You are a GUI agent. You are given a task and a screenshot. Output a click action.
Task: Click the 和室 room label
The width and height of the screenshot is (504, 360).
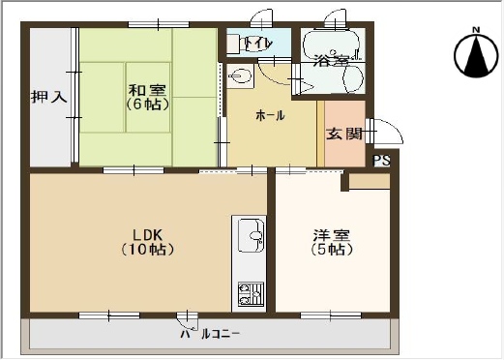(x=147, y=90)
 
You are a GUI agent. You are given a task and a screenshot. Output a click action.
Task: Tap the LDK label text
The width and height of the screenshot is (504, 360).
(x=147, y=235)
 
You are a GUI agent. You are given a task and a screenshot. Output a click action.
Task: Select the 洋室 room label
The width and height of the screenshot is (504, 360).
(x=332, y=235)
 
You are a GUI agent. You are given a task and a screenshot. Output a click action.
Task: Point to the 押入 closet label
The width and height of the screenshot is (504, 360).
(x=49, y=97)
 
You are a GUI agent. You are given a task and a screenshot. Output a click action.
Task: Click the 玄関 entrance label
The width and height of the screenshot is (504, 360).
(x=344, y=134)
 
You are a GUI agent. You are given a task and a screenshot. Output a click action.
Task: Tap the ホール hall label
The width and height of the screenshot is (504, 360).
(x=270, y=115)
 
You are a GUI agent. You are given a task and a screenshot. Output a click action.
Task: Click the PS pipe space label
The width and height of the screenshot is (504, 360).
(x=381, y=161)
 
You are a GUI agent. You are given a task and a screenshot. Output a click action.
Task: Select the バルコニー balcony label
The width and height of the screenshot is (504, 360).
(x=210, y=334)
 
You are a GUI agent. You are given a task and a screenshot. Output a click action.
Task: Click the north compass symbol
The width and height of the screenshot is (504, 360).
(x=476, y=56)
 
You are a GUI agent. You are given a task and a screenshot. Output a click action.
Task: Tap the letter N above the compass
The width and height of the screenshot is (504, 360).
(x=476, y=30)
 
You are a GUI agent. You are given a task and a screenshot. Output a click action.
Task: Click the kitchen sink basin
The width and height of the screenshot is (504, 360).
(x=252, y=235)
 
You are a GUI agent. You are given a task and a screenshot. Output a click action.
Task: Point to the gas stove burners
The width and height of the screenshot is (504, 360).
(x=251, y=294)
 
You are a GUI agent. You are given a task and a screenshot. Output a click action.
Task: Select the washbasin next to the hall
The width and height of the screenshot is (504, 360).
(x=240, y=76)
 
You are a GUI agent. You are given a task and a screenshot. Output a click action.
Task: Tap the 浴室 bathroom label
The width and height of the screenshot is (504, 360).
(x=332, y=60)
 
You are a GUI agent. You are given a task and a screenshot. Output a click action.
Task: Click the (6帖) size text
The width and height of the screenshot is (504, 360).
(x=147, y=104)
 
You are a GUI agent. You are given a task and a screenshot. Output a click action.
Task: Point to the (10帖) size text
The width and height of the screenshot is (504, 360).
(x=148, y=250)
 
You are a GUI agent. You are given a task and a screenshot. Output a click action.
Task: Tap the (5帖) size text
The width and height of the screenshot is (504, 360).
(x=332, y=250)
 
